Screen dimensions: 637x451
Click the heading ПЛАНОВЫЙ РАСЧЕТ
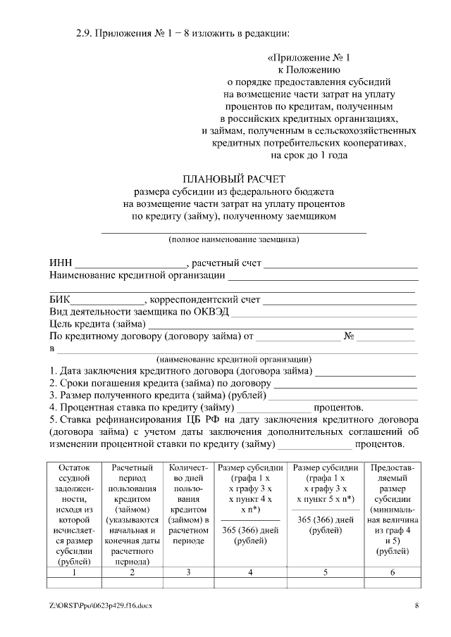[235, 178]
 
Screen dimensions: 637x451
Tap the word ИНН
[61, 263]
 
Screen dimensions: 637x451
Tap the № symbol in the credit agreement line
[348, 336]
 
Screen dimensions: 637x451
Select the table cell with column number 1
[75, 572]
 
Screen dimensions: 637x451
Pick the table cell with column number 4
[251, 572]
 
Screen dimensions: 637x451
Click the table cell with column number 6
[393, 572]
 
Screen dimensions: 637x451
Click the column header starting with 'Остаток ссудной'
[75, 514]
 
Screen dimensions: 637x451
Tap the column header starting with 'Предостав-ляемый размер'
[393, 509]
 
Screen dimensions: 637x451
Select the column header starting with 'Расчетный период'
[132, 514]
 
